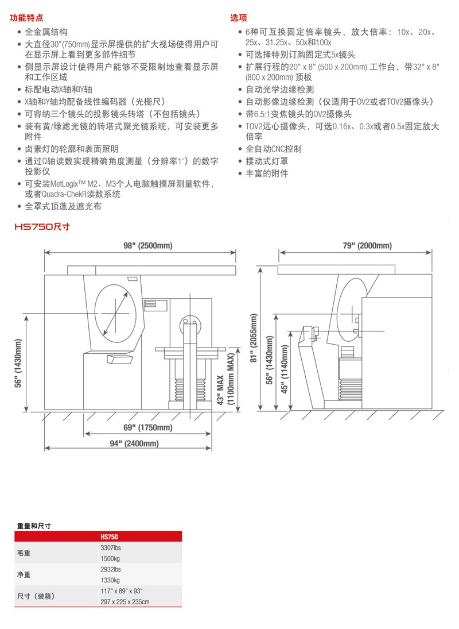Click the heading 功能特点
(x=26, y=18)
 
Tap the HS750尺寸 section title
(x=41, y=227)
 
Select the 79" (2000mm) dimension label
(x=367, y=246)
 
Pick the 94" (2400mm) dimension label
(x=134, y=443)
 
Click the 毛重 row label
(x=24, y=553)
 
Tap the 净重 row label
(x=24, y=574)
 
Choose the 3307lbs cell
(x=111, y=547)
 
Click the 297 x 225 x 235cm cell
(x=125, y=601)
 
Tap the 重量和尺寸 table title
(x=34, y=526)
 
